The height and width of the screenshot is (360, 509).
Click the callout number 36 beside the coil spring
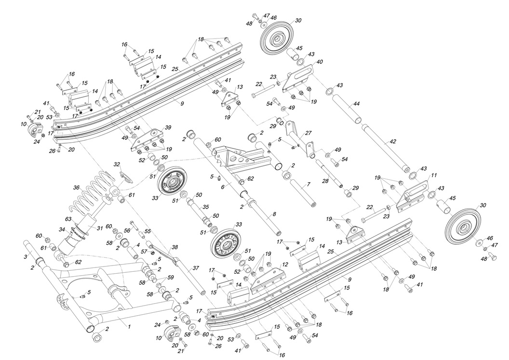coord(77,188)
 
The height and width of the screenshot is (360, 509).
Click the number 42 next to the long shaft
coord(393,142)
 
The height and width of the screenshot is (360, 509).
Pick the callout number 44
coord(356,104)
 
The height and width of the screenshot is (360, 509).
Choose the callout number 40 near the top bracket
coord(320,62)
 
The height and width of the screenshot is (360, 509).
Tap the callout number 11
coord(433,175)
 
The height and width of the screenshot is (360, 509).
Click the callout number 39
coord(168,127)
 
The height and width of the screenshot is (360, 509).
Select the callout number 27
coord(308,133)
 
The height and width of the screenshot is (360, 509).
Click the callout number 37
coord(196,268)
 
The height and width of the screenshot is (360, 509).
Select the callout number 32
coord(116,164)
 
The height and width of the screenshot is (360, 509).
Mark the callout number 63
coord(69,220)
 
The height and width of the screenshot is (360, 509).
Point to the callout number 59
coord(170,278)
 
